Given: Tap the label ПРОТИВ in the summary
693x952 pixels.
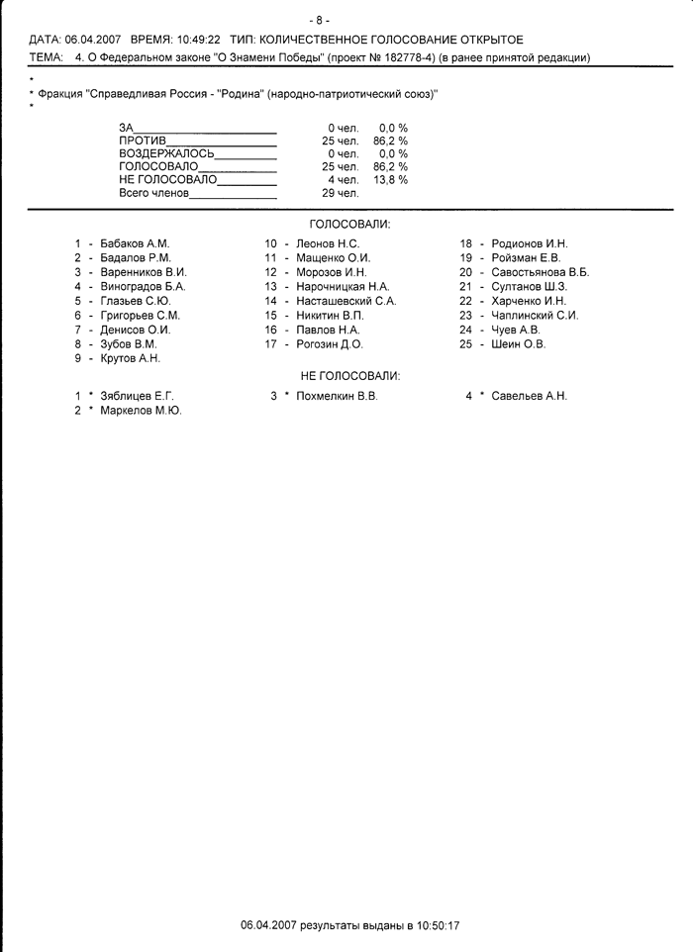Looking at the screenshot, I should point(143,142).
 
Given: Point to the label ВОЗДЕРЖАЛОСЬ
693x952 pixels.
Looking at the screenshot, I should point(166,154).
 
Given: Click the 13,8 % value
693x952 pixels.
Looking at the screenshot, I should point(390,180).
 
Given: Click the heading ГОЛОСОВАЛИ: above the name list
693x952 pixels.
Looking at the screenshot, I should point(349,225).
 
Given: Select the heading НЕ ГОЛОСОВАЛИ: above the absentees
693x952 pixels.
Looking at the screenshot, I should point(349,376).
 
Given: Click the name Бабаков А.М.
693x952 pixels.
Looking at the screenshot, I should point(135,243).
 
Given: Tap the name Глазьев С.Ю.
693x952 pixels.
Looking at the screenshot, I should point(136,301).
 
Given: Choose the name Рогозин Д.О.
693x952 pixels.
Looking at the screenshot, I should point(329,344).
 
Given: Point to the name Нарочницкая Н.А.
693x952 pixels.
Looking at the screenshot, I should point(342,287).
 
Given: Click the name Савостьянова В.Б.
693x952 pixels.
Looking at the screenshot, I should point(540,272).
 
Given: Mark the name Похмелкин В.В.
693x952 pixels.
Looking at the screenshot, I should point(337,396).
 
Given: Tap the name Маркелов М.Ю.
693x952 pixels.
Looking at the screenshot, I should point(141,410).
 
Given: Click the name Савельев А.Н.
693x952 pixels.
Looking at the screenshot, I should point(529,396).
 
